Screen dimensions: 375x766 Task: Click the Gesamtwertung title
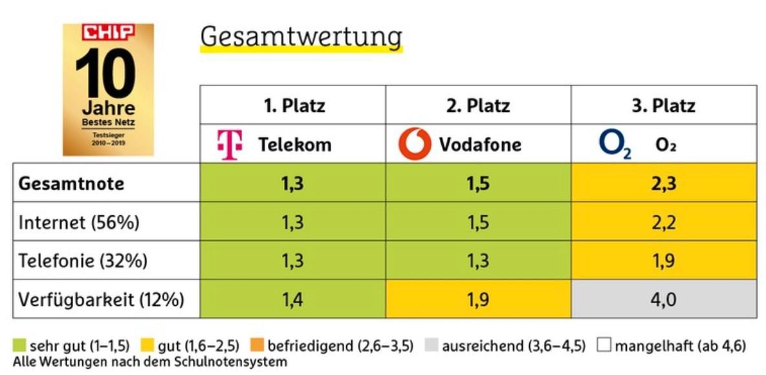[301, 37]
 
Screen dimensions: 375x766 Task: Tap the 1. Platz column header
[294, 105]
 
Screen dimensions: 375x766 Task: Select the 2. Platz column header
[479, 105]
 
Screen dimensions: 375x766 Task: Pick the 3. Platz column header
[664, 105]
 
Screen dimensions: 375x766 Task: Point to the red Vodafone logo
[415, 144]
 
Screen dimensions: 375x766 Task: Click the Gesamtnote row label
[71, 184]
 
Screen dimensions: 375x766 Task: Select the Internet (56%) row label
[79, 222]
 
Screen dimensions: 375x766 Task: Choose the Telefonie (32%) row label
[83, 261]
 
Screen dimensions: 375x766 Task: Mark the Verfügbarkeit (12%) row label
[102, 299]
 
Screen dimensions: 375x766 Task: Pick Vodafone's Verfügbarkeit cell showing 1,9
[479, 299]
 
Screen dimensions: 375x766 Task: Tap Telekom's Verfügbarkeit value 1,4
[293, 299]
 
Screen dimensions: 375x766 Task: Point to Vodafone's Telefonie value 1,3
[479, 261]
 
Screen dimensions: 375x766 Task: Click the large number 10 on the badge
[107, 73]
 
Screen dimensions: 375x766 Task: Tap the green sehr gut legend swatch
[19, 346]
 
